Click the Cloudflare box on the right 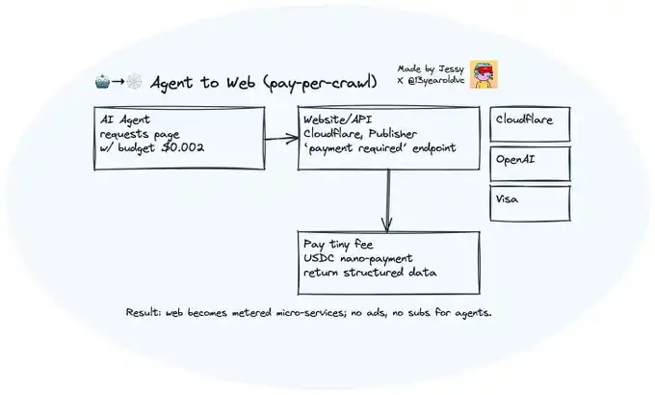[530, 121]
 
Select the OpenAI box [530, 162]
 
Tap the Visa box [530, 201]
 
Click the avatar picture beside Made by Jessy [484, 74]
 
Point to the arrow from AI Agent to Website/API [280, 139]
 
